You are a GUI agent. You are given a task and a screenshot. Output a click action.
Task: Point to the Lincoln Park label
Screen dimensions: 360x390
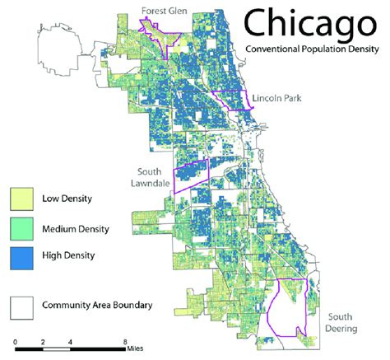276,97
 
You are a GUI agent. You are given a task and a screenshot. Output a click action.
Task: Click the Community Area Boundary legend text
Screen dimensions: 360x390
97,306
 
